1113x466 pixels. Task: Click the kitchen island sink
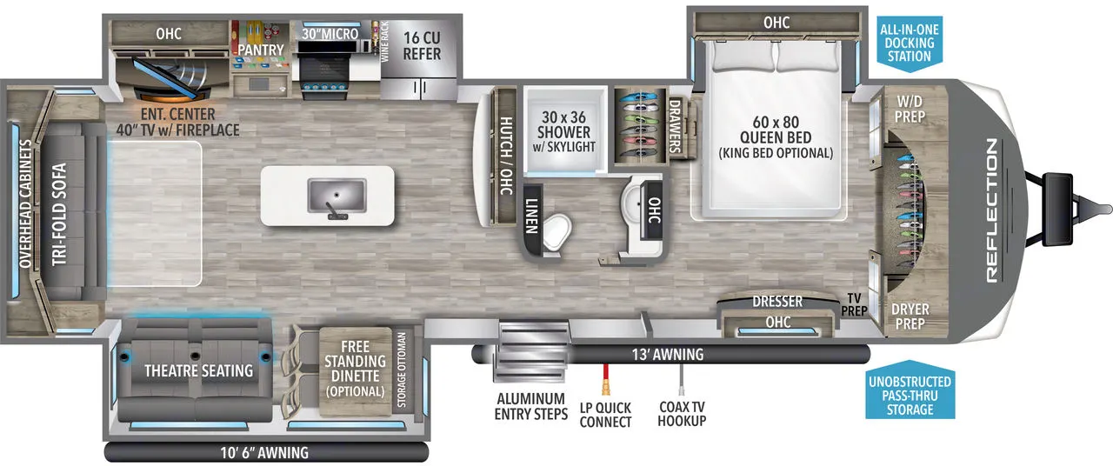click(328, 196)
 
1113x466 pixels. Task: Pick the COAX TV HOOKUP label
click(683, 414)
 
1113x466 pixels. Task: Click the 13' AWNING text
click(668, 355)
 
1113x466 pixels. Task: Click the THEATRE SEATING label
click(199, 370)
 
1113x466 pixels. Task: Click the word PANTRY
click(261, 50)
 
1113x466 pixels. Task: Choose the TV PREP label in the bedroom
click(854, 304)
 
